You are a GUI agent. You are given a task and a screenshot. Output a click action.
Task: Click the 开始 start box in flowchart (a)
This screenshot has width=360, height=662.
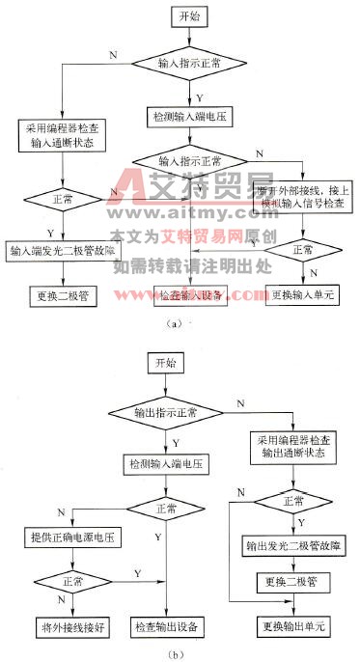pos(189,17)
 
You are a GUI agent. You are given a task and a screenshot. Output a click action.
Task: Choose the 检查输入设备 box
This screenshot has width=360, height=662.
pos(190,294)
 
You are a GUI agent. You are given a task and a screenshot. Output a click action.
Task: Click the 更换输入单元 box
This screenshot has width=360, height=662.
pos(302,294)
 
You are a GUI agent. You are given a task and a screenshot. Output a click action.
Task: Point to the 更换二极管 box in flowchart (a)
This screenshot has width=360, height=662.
pos(61,295)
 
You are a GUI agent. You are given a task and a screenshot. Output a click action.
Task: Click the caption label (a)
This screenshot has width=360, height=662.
pos(175,324)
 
